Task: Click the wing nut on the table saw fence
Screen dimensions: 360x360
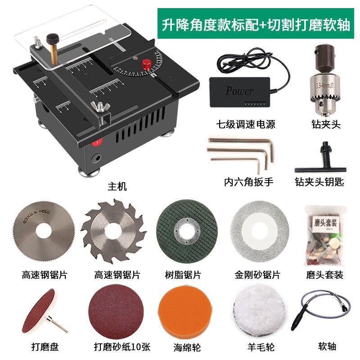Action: point(99,107)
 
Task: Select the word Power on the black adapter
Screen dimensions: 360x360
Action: point(239,90)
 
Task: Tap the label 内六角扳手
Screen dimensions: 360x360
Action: point(248,182)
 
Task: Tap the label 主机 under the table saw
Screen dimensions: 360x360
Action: point(117,186)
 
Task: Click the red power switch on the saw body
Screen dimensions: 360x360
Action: point(95,143)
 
